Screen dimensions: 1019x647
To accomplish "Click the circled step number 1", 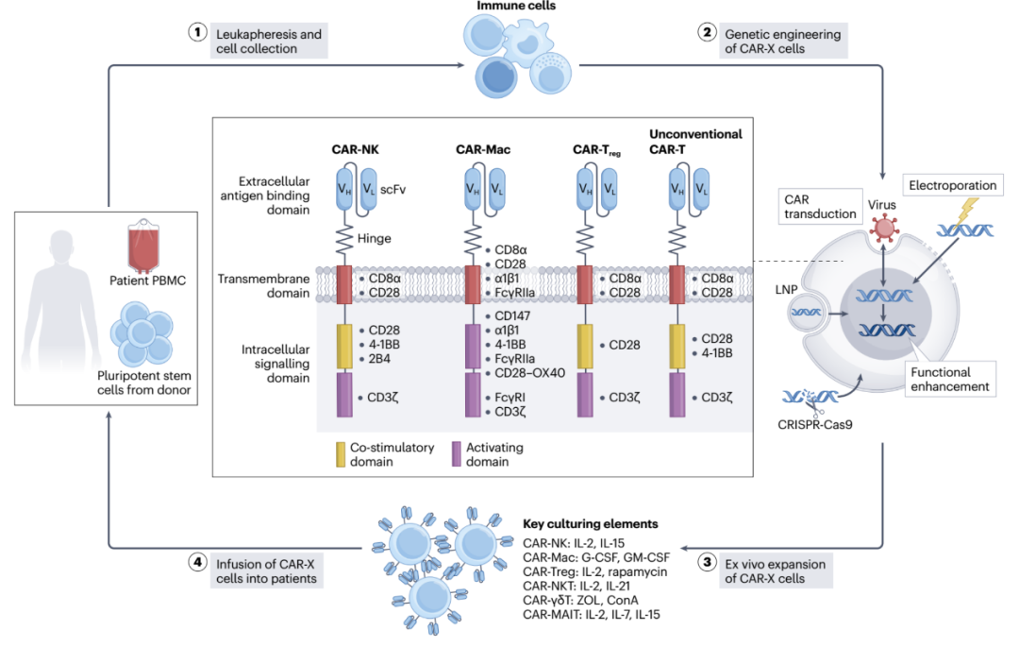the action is point(197,32).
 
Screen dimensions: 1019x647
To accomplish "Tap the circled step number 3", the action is point(707,562).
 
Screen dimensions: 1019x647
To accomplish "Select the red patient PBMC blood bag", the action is point(143,246).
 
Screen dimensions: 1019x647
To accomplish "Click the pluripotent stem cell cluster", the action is point(142,333).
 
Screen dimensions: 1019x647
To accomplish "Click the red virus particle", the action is point(884,229).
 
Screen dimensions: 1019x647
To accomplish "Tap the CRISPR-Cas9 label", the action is point(815,425).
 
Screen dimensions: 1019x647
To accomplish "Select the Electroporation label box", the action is point(952,185).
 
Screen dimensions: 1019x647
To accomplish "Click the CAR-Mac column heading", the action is point(483,149).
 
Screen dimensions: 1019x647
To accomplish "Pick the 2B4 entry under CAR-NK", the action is point(379,359).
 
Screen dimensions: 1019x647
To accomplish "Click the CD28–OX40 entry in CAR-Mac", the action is point(529,373).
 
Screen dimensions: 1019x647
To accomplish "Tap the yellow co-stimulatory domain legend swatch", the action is point(341,454).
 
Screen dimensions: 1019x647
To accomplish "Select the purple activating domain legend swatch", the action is point(457,454).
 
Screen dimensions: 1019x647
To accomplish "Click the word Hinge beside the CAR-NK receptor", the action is point(375,239).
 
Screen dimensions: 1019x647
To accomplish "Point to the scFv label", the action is point(393,190).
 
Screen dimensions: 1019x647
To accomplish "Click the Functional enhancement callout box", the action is point(949,379).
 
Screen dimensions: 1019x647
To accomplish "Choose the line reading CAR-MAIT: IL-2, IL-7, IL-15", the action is point(592,615).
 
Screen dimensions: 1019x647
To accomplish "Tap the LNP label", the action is point(786,289).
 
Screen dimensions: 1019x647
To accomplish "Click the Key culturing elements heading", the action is point(590,524).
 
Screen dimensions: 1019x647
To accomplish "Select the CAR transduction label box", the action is point(820,207).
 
